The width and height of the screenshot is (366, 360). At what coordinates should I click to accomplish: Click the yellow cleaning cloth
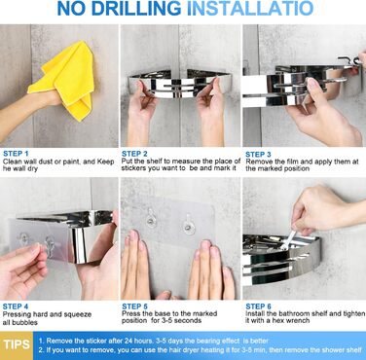65,81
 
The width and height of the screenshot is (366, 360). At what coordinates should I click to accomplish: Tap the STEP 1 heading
16,154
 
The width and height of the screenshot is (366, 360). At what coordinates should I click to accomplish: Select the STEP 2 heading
134,154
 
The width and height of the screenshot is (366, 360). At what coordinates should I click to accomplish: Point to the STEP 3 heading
258,155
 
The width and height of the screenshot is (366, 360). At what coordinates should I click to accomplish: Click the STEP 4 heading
16,306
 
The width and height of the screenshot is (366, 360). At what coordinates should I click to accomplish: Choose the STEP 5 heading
134,306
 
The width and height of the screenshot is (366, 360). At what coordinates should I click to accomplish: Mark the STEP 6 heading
258,306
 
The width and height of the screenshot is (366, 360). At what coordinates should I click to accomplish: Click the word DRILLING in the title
136,9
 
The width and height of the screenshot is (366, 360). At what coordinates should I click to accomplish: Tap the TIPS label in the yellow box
17,344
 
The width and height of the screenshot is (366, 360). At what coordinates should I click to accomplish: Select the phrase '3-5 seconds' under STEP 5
183,320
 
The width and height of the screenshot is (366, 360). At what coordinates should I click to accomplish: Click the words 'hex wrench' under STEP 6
291,320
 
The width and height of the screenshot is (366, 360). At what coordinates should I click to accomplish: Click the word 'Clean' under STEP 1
12,162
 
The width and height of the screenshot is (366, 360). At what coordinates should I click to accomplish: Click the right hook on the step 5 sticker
189,224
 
